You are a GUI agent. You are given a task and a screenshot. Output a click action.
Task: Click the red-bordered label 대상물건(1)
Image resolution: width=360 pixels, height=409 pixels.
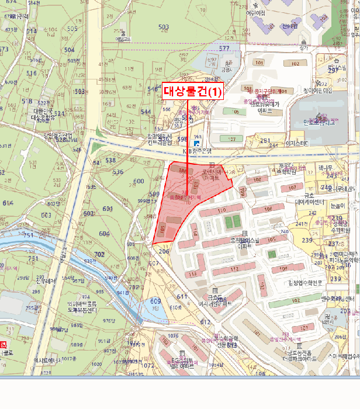tap(192, 91)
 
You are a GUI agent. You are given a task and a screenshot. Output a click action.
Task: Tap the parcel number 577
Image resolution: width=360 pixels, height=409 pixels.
tap(224, 48)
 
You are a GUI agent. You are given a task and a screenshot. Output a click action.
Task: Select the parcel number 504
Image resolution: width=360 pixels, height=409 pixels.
tap(70, 50)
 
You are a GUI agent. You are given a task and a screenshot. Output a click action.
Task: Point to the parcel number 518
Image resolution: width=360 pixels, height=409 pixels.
tap(27, 101)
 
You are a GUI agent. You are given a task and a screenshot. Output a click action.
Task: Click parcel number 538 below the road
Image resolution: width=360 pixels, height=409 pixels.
tap(110, 160)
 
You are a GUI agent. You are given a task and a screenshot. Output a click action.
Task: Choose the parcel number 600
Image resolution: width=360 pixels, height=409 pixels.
tap(139, 182)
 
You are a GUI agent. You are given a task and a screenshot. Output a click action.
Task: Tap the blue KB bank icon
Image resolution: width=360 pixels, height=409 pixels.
tap(197, 143)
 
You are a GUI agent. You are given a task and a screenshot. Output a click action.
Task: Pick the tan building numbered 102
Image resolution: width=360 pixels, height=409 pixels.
tap(296, 64)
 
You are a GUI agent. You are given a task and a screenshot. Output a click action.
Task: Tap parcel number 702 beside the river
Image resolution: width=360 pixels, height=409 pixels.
tap(100, 254)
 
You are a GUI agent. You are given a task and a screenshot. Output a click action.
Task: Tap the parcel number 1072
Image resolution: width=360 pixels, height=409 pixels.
tap(149, 365)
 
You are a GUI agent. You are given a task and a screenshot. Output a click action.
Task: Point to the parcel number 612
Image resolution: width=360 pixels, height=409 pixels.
tap(205, 322)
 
